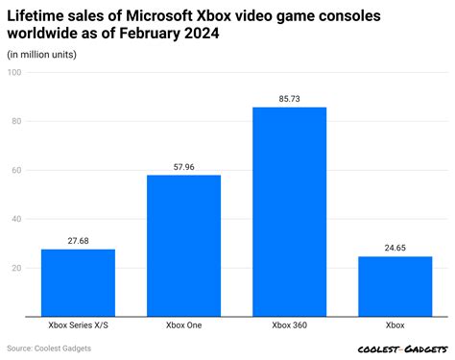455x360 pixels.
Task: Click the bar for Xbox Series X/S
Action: click(x=78, y=282)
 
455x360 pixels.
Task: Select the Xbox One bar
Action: click(x=183, y=245)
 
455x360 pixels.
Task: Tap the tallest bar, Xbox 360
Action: click(x=289, y=211)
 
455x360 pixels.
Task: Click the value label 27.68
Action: click(x=78, y=241)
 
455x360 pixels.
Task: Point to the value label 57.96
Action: click(x=183, y=166)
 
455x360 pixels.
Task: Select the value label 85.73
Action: click(x=289, y=98)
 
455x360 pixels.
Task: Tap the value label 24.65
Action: click(x=395, y=248)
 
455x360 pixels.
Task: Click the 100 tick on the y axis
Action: click(x=15, y=73)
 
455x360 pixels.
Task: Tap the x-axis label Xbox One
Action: click(x=183, y=325)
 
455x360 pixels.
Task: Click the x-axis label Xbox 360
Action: click(x=289, y=325)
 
